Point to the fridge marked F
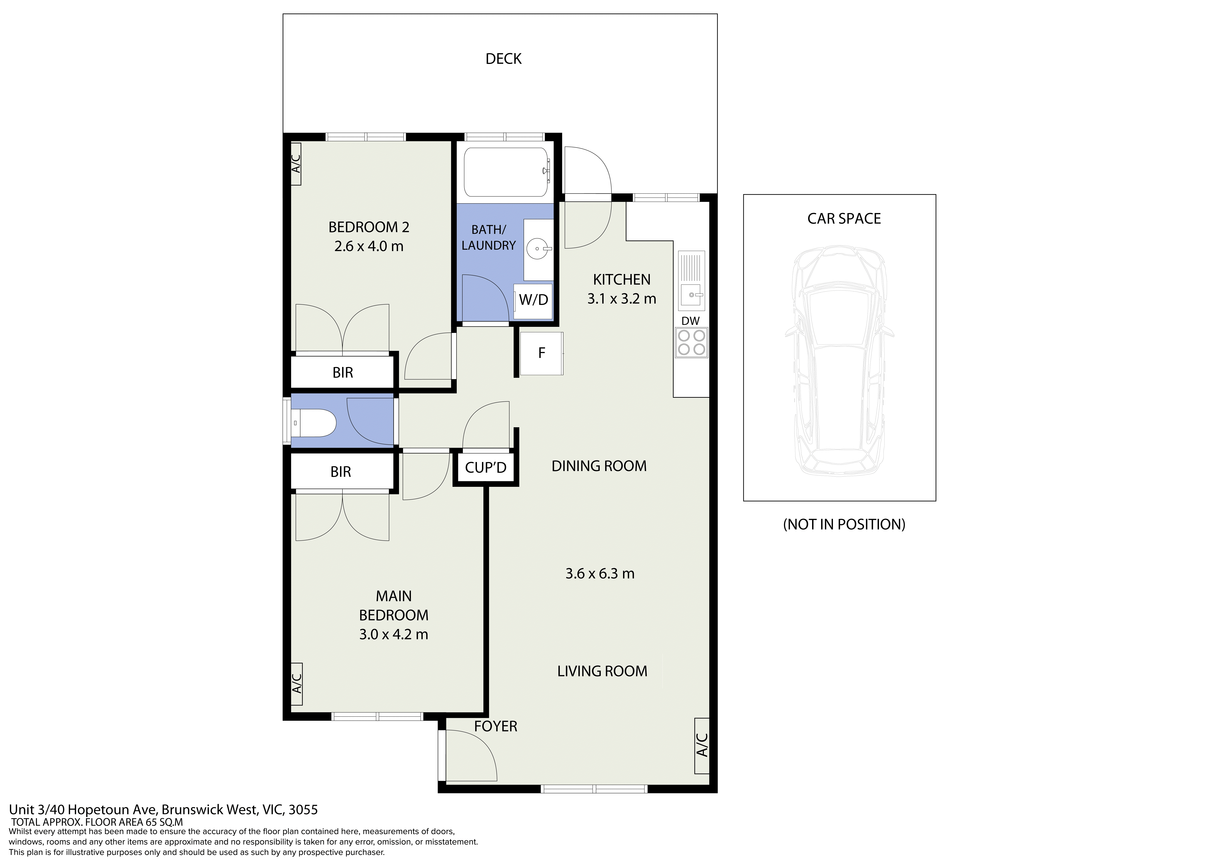[542, 353]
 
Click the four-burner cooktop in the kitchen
[691, 343]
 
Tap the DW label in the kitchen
[690, 321]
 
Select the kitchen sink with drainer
[691, 281]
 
